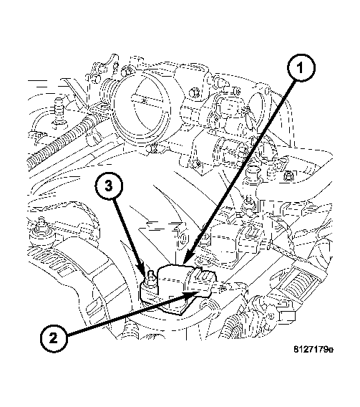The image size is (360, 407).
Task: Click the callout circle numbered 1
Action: (301, 70)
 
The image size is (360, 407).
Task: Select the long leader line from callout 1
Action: (243, 165)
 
